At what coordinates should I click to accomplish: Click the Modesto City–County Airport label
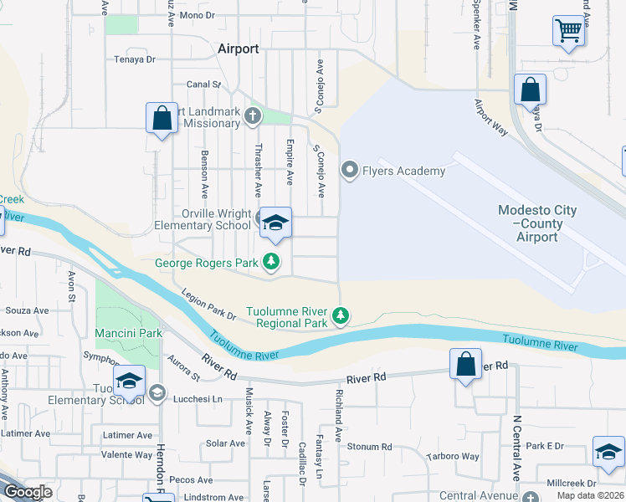coord(536,223)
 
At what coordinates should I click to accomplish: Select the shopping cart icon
coord(569,32)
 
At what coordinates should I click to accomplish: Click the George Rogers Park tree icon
coord(271,263)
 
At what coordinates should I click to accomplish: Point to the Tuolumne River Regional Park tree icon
coord(340,316)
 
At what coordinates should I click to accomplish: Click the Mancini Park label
coord(128,333)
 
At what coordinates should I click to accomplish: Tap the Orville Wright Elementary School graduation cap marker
coord(275,223)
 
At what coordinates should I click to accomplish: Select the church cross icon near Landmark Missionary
coord(254,117)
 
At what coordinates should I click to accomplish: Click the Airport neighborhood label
coord(238,49)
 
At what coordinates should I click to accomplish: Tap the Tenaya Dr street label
coord(136,59)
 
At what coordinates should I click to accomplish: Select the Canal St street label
coord(203,85)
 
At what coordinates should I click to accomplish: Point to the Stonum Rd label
coord(369,447)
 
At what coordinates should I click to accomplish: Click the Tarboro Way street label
coord(453,457)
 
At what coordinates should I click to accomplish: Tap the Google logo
coord(27,492)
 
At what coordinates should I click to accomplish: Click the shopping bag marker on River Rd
coord(465,365)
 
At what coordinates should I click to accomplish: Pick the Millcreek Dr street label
coord(570,484)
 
